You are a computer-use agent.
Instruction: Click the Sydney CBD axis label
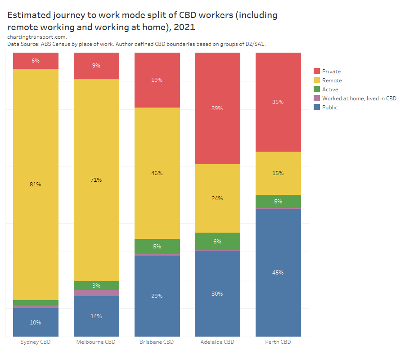(x=36, y=342)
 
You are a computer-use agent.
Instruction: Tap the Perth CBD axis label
(x=278, y=342)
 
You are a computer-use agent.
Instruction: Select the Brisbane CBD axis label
(x=157, y=342)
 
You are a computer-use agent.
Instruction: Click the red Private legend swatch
(x=317, y=71)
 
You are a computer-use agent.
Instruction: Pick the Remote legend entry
(x=332, y=81)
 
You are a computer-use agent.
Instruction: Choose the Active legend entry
(x=330, y=90)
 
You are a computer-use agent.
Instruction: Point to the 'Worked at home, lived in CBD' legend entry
(x=359, y=99)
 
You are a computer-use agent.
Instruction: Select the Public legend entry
(x=329, y=108)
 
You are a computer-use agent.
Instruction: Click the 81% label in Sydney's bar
(x=36, y=184)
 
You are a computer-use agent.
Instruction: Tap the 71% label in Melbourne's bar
(x=96, y=180)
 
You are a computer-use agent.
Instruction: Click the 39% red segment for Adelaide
(x=217, y=108)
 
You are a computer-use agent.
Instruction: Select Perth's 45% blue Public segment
(x=278, y=272)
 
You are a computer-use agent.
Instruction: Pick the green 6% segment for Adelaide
(x=217, y=241)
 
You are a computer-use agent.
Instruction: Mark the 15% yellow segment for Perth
(x=278, y=173)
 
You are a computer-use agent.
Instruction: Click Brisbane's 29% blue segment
(x=157, y=296)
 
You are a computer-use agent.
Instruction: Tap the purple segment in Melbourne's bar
(x=96, y=293)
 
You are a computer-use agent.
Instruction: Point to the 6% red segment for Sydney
(x=36, y=61)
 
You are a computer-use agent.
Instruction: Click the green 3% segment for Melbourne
(x=96, y=286)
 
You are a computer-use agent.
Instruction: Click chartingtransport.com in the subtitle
(x=37, y=37)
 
